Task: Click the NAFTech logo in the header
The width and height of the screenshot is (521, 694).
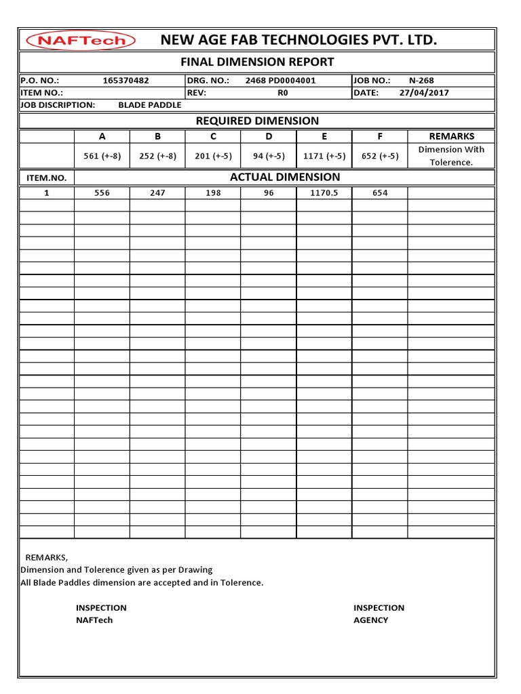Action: coord(81,41)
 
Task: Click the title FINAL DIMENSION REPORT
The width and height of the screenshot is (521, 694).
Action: coord(256,62)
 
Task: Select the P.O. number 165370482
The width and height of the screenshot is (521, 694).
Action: coord(126,81)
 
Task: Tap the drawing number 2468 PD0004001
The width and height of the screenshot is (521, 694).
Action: coord(280,81)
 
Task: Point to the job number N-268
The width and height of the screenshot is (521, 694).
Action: coord(421,81)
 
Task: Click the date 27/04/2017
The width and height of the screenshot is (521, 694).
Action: coord(424,93)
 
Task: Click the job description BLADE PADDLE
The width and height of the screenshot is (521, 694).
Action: coord(150,105)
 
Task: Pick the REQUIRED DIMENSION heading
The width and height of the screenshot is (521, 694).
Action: coord(257,121)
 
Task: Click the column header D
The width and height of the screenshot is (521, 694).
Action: coord(269,136)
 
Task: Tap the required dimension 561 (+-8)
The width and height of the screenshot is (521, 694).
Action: coord(102,156)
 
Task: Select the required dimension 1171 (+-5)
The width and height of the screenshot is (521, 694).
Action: coord(324,156)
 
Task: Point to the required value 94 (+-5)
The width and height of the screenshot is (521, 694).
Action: coord(269,156)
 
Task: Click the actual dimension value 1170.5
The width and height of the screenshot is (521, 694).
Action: coord(324,193)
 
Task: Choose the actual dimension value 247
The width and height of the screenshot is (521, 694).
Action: coord(157,193)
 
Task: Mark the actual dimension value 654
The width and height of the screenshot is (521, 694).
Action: coord(380,193)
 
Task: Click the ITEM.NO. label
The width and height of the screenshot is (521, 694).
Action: coord(46,178)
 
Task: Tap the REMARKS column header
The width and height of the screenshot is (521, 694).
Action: coord(451,136)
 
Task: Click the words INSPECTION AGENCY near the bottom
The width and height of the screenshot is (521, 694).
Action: coord(379,614)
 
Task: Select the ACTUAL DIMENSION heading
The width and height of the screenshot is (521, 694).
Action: coord(285,178)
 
